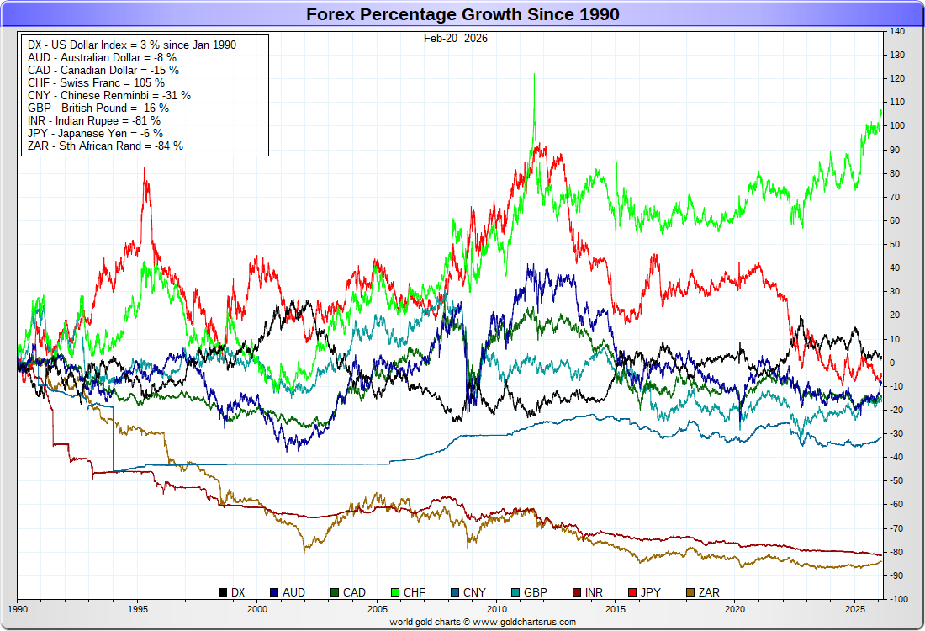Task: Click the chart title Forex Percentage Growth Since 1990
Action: click(462, 14)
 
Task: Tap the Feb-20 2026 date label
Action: click(456, 38)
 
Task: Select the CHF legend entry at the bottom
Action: click(408, 592)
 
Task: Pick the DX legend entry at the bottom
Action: click(232, 592)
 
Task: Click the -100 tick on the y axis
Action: click(896, 599)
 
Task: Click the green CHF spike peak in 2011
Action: click(534, 75)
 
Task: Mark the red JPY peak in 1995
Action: click(145, 169)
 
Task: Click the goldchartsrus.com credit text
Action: click(483, 622)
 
